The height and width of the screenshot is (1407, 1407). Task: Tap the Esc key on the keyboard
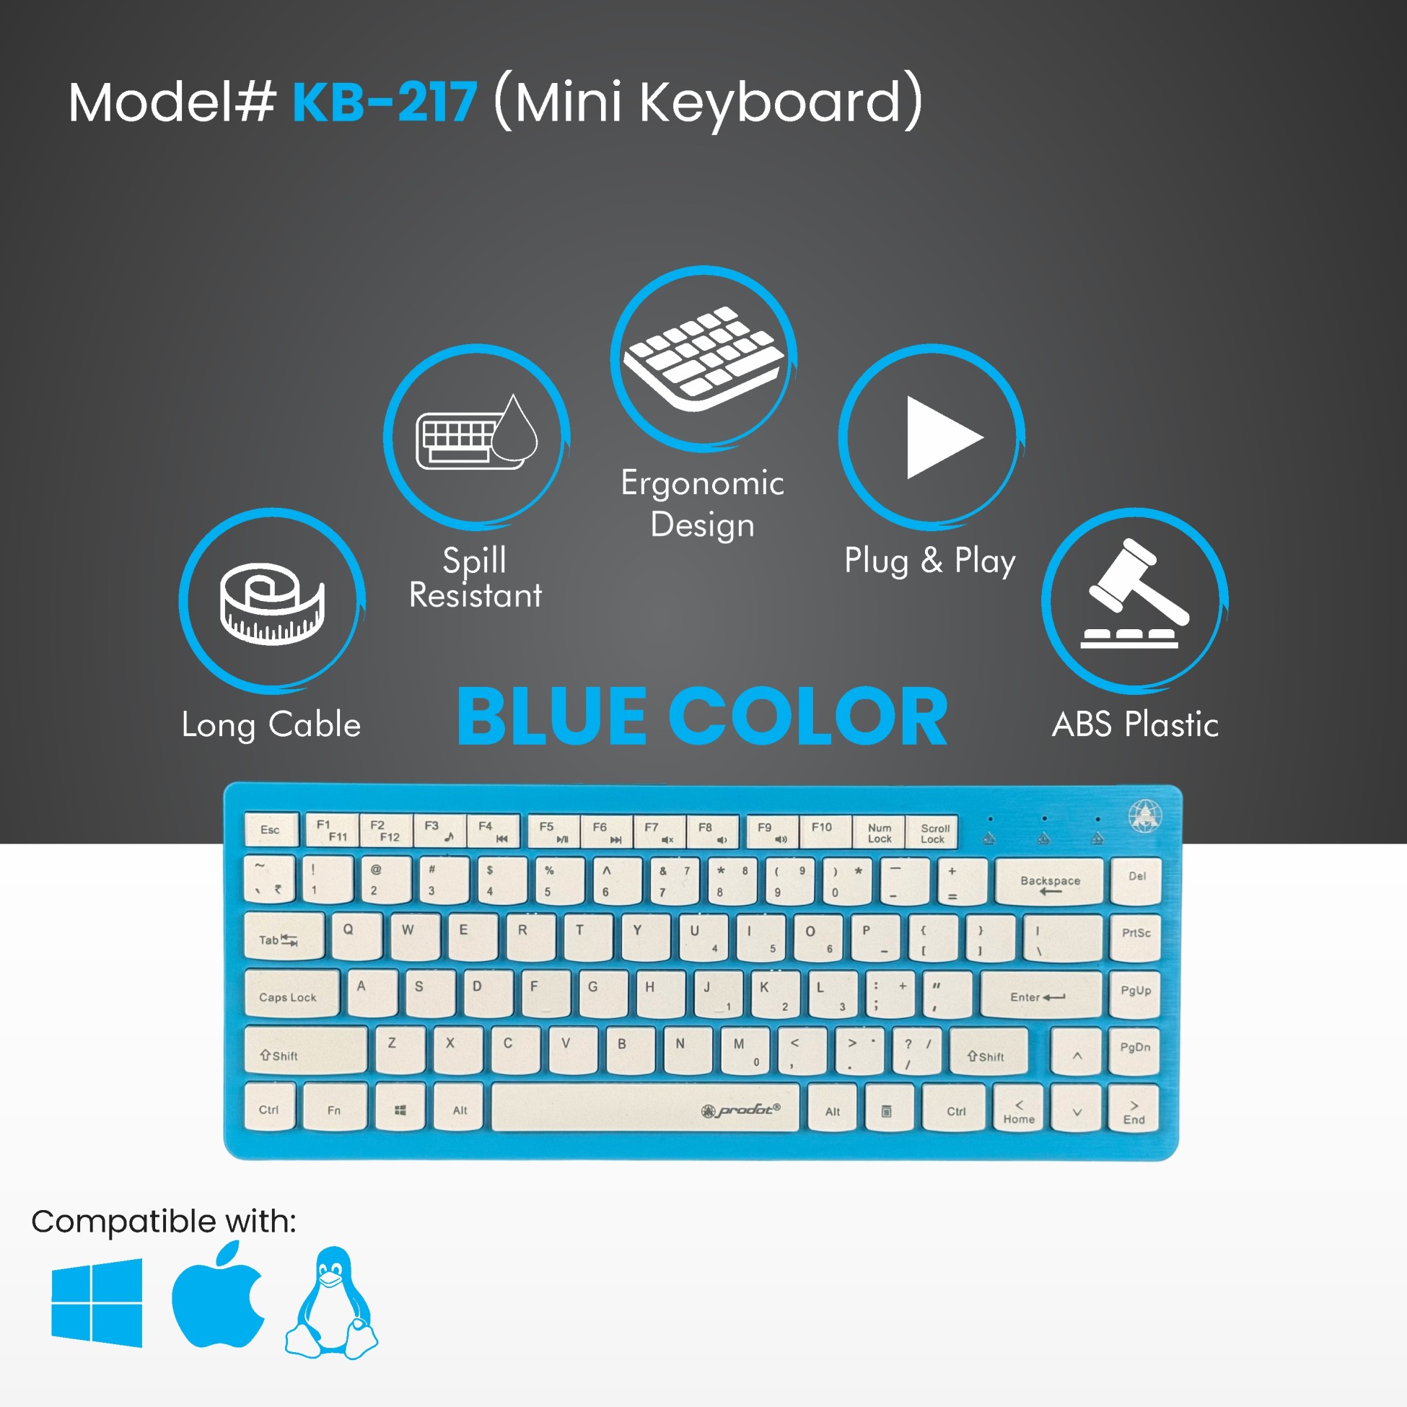coord(271,830)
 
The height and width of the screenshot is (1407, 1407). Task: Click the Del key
coord(1136,880)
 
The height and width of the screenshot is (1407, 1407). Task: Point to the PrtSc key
coord(1136,937)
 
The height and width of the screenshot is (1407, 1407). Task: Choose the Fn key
coord(334,1107)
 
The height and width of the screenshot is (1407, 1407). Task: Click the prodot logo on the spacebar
coord(740,1110)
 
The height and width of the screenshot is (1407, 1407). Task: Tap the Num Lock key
coord(879,832)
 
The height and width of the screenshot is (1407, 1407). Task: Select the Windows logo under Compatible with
coord(97,1302)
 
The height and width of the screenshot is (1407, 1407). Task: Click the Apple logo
coord(219,1295)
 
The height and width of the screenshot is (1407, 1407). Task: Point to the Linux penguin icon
coord(331,1302)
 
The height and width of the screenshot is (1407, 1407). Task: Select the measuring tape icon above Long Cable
coord(272,603)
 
